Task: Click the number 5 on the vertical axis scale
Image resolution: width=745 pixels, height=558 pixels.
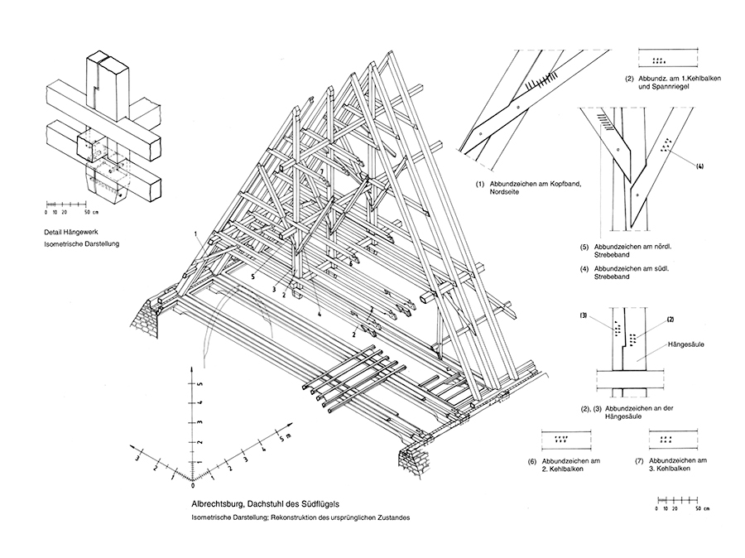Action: [199, 376]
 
